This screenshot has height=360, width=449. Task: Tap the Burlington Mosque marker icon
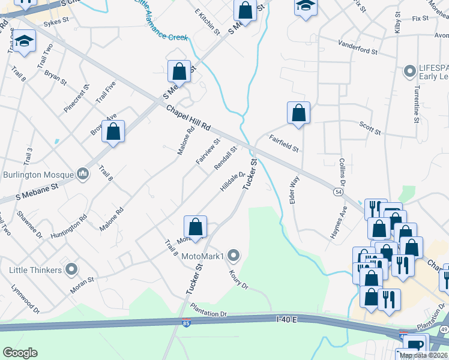83,175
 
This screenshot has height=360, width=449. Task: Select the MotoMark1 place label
202,257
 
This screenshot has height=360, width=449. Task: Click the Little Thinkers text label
35,269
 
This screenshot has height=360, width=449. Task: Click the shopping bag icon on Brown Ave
113,132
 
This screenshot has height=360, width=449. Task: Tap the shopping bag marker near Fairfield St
298,113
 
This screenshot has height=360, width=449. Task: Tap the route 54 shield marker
339,191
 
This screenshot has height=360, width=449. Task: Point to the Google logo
20,353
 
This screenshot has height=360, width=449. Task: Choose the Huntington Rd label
69,226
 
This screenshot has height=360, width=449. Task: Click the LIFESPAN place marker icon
411,72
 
